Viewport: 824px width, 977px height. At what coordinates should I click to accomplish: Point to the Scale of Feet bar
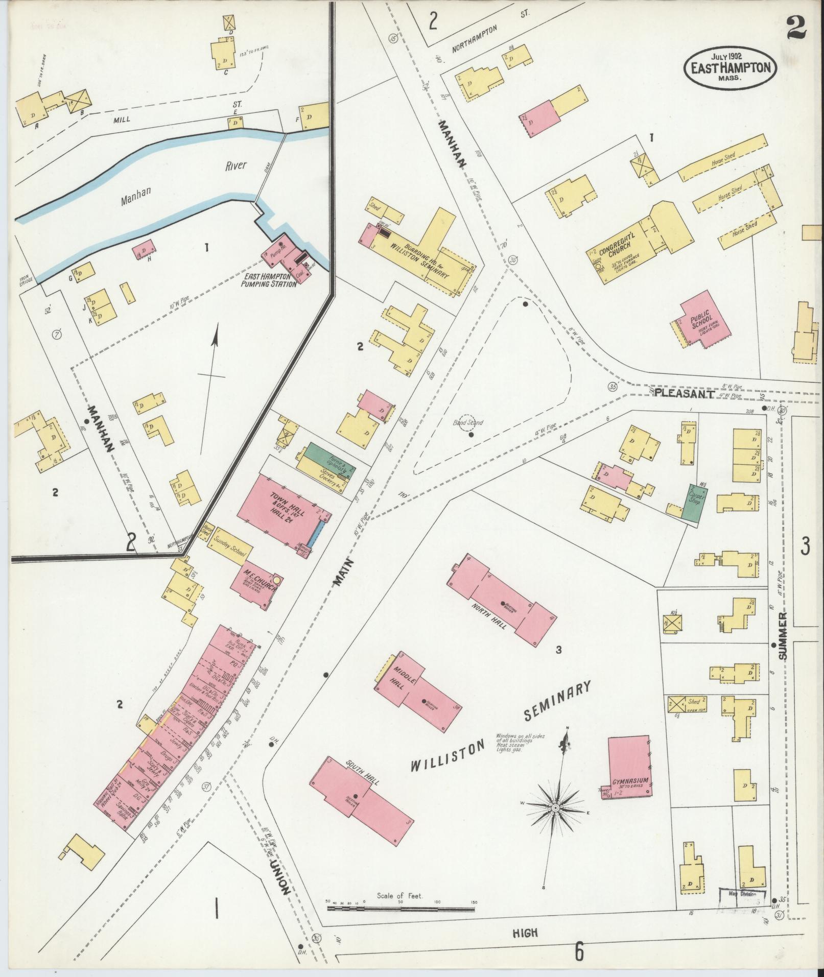point(401,909)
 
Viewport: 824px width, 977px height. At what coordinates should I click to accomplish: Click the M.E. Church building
point(255,585)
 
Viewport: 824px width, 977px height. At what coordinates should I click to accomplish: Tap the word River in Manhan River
point(234,165)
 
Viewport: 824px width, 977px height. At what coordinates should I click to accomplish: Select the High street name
point(525,933)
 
